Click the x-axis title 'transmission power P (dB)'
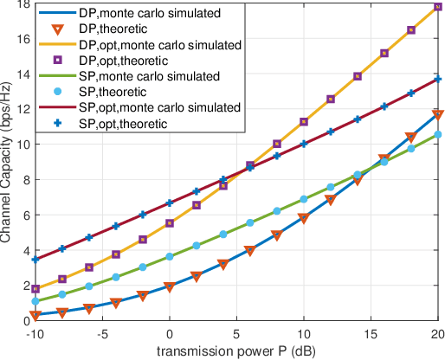[x=236, y=350]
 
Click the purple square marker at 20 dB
[x=438, y=7]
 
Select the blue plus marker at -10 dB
[x=35, y=260]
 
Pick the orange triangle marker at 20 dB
[x=438, y=114]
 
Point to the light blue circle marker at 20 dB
[x=438, y=134]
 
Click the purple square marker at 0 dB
[x=170, y=223]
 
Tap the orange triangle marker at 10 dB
[x=304, y=219]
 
